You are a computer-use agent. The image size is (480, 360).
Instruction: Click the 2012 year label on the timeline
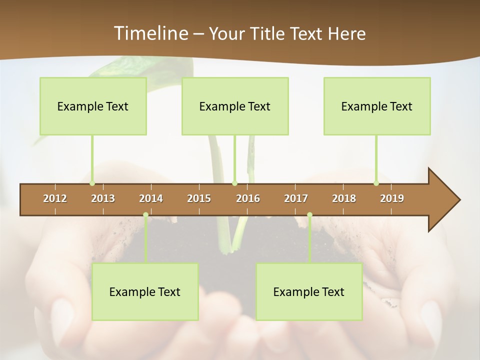pos(55,198)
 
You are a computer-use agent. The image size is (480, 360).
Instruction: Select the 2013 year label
pos(103,198)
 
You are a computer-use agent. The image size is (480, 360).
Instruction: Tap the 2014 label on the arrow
pos(151,198)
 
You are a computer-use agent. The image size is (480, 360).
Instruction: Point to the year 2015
pos(199,198)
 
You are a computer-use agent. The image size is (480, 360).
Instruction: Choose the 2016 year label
pos(248,198)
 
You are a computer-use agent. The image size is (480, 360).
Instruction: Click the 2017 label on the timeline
pos(296,198)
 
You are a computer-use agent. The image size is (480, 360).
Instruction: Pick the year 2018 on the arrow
pos(344,198)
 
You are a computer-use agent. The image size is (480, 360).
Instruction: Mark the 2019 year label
pos(392,198)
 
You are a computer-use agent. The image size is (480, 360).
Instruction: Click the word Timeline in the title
pos(149,33)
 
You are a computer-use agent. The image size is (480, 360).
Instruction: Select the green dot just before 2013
pos(92,183)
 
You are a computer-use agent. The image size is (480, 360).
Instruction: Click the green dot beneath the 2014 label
pos(145,215)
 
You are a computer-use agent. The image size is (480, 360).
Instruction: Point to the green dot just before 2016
pos(234,183)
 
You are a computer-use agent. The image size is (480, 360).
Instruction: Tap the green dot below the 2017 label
pos(309,215)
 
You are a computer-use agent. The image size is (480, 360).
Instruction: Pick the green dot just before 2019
pos(376,183)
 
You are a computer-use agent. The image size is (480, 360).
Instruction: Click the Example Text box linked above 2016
pos(235,106)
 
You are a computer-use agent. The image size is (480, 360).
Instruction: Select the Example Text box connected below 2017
pos(309,291)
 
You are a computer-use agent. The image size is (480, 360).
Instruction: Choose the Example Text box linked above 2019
pos(377,106)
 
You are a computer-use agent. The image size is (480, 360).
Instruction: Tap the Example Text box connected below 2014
pos(145,291)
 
